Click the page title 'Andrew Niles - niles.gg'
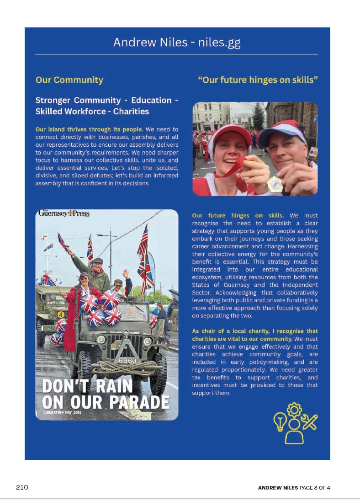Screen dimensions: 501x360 [x=176, y=43]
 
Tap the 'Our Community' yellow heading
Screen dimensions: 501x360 [x=69, y=80]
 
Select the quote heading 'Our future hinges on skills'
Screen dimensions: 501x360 [x=258, y=80]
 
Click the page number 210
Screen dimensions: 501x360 [x=22, y=487]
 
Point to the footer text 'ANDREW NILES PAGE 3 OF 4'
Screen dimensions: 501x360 [x=294, y=488]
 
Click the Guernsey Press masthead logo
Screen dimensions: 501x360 [x=64, y=213]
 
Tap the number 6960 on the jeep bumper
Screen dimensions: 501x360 [x=127, y=361]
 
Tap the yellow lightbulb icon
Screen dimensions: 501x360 [x=280, y=421]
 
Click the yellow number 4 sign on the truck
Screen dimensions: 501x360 [x=61, y=314]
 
